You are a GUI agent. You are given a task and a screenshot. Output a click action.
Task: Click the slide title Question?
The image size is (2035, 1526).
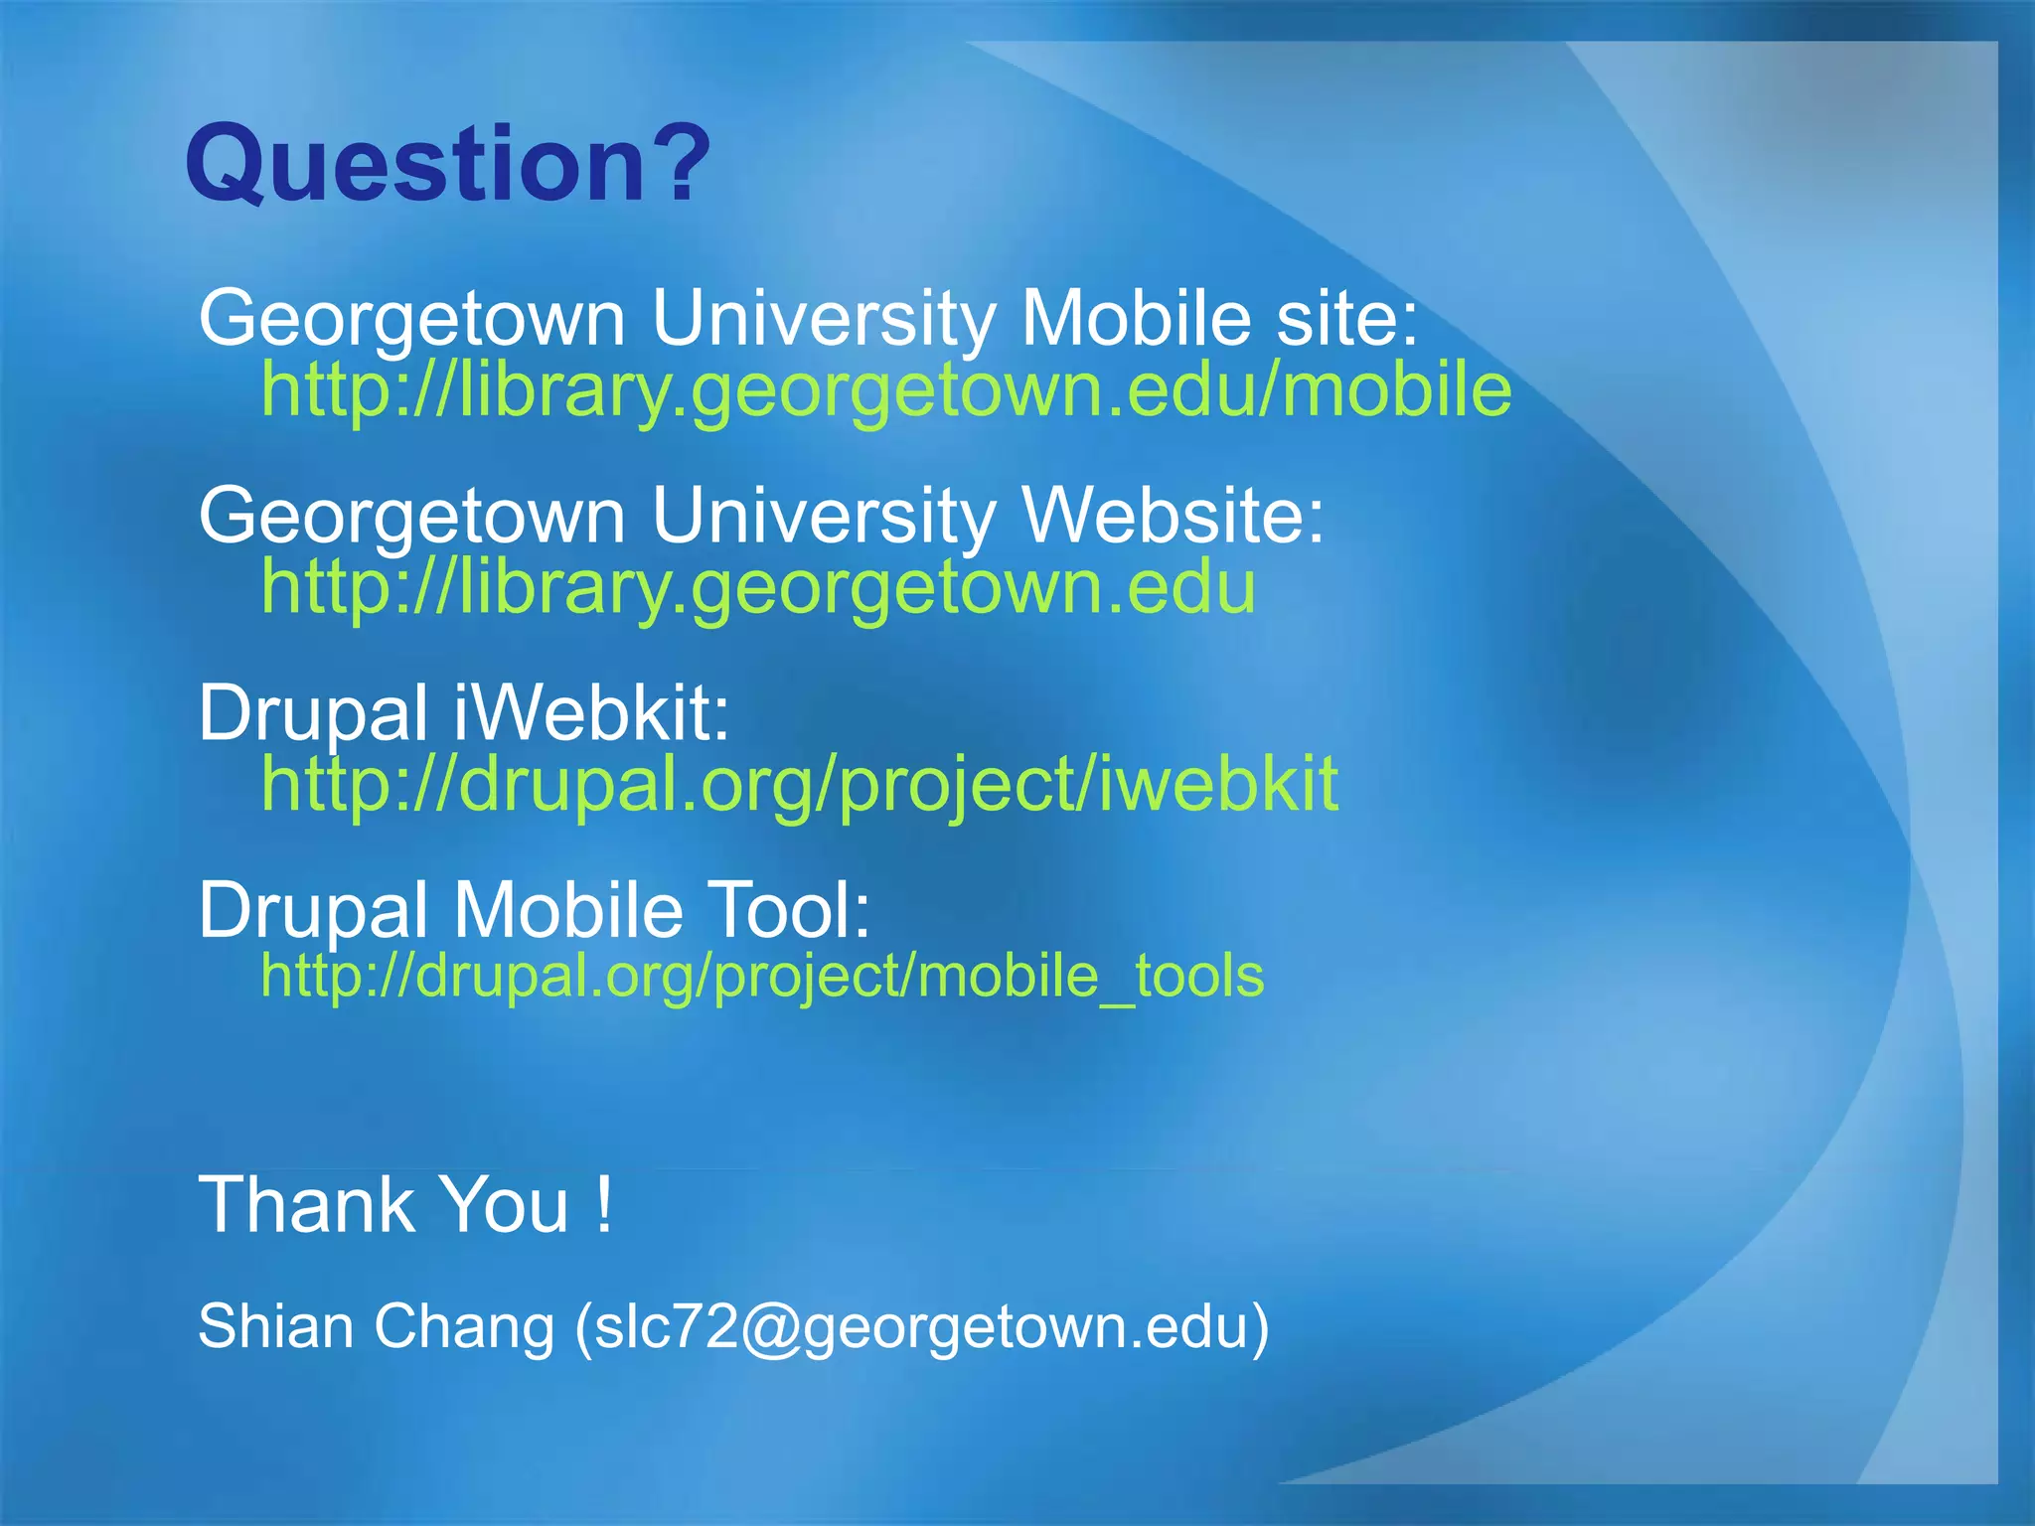tap(447, 164)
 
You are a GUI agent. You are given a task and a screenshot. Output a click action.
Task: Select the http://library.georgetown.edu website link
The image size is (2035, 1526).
tap(758, 587)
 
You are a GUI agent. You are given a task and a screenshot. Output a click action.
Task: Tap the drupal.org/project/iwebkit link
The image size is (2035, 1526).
tap(799, 784)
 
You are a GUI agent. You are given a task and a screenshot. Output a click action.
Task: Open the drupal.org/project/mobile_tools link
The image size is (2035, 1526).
tap(762, 976)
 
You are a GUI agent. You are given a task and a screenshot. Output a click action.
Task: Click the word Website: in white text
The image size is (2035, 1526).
tap(1173, 517)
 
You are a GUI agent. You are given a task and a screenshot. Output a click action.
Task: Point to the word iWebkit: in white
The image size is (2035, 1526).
tap(592, 713)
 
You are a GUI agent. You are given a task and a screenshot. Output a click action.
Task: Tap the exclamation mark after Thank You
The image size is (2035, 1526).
tap(604, 1205)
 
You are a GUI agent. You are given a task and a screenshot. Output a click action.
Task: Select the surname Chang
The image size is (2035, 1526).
tap(464, 1327)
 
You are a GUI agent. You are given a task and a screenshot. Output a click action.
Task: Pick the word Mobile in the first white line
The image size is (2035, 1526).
tap(1136, 319)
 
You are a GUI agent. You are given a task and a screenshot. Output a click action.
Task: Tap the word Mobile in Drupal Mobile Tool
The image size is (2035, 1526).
tap(568, 910)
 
